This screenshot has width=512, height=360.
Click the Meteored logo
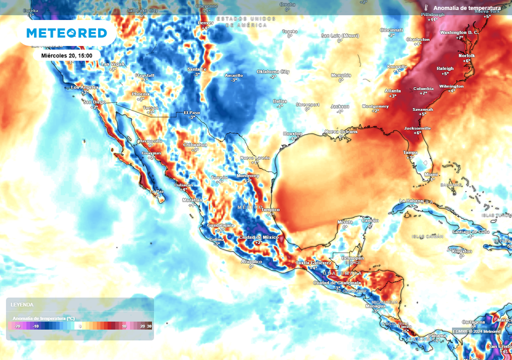point(66,33)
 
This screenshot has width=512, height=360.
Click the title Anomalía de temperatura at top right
point(466,8)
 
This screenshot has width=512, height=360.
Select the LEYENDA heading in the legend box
point(22,304)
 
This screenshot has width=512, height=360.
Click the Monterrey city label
point(248,176)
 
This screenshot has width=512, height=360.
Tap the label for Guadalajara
point(220,225)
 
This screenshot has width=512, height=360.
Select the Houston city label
point(292,133)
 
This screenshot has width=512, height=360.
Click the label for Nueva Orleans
point(341,131)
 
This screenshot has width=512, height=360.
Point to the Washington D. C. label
point(459,32)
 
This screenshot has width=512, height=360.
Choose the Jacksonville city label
point(417,128)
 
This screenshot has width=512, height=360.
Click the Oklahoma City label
point(273,71)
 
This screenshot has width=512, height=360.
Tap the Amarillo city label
point(233,75)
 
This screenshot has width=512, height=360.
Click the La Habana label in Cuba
point(411,200)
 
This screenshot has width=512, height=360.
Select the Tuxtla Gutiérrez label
point(313,262)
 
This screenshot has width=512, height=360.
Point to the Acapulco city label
point(251,261)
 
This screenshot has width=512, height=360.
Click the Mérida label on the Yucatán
point(345,221)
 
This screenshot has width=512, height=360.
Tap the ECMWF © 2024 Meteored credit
point(476,331)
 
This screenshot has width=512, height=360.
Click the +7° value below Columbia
point(423,93)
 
